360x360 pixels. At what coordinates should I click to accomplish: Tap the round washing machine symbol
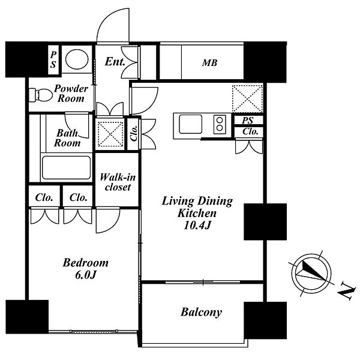click(77, 59)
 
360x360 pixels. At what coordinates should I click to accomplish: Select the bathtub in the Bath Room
click(66, 167)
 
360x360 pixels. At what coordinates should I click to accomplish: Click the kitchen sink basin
click(191, 124)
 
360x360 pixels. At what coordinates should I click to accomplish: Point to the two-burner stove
click(220, 124)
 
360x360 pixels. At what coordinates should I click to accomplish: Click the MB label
click(209, 62)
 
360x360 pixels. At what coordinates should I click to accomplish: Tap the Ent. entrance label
click(115, 62)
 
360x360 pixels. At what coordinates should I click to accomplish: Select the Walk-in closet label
click(118, 182)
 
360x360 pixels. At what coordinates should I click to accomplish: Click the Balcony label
click(201, 312)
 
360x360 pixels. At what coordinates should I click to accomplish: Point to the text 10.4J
click(197, 226)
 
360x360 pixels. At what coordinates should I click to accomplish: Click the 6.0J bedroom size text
click(85, 275)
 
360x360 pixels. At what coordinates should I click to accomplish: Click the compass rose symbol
click(311, 273)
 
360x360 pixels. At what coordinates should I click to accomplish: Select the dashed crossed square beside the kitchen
click(247, 99)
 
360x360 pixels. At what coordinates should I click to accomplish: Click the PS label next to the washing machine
click(53, 59)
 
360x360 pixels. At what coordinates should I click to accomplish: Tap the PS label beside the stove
click(247, 121)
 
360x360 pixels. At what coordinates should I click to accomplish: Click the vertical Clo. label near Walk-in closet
click(133, 133)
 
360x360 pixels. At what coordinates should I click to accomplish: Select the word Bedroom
click(85, 263)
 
